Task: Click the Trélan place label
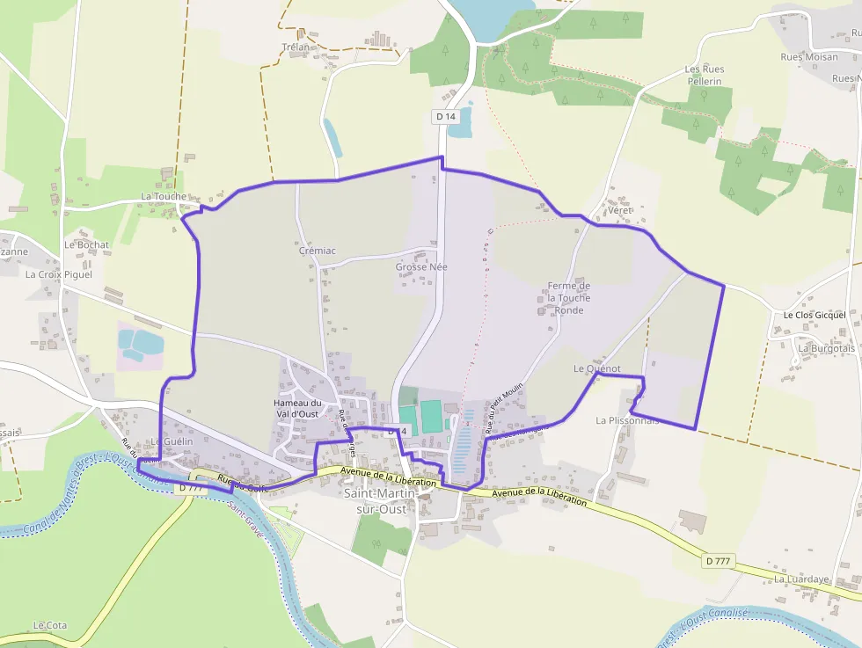point(296,47)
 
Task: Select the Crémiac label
point(317,251)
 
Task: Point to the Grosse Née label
point(421,267)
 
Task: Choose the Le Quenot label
point(596,368)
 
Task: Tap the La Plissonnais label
point(627,420)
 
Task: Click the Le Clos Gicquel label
point(815,315)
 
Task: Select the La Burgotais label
point(826,348)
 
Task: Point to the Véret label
point(619,211)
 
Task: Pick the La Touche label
point(163,197)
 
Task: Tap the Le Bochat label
point(86,244)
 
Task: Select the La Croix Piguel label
point(58,274)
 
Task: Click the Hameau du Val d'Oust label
point(297,408)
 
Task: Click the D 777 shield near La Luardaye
point(719,560)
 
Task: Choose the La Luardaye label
point(801,579)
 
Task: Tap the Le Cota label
point(49,625)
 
